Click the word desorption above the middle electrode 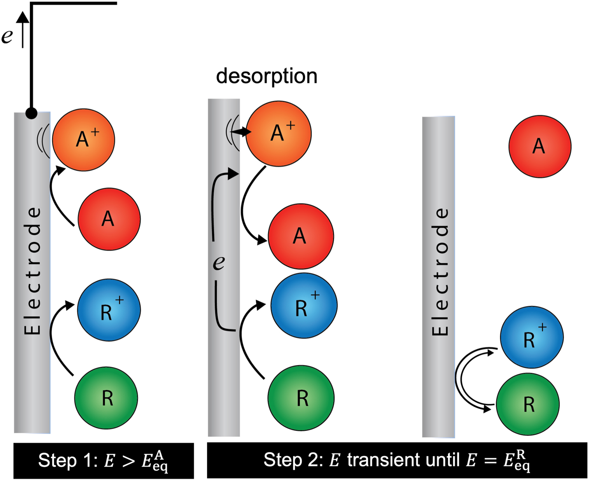click(266, 76)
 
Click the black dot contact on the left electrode click(31, 113)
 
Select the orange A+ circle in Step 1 click(83, 140)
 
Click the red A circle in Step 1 click(109, 219)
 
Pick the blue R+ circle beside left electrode click(109, 310)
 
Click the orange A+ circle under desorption click(278, 133)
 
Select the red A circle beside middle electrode click(301, 236)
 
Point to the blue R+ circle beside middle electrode click(304, 306)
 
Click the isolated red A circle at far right click(539, 146)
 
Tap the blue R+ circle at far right click(531, 337)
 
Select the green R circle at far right click(527, 404)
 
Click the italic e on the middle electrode click(219, 262)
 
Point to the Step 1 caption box click(104, 460)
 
